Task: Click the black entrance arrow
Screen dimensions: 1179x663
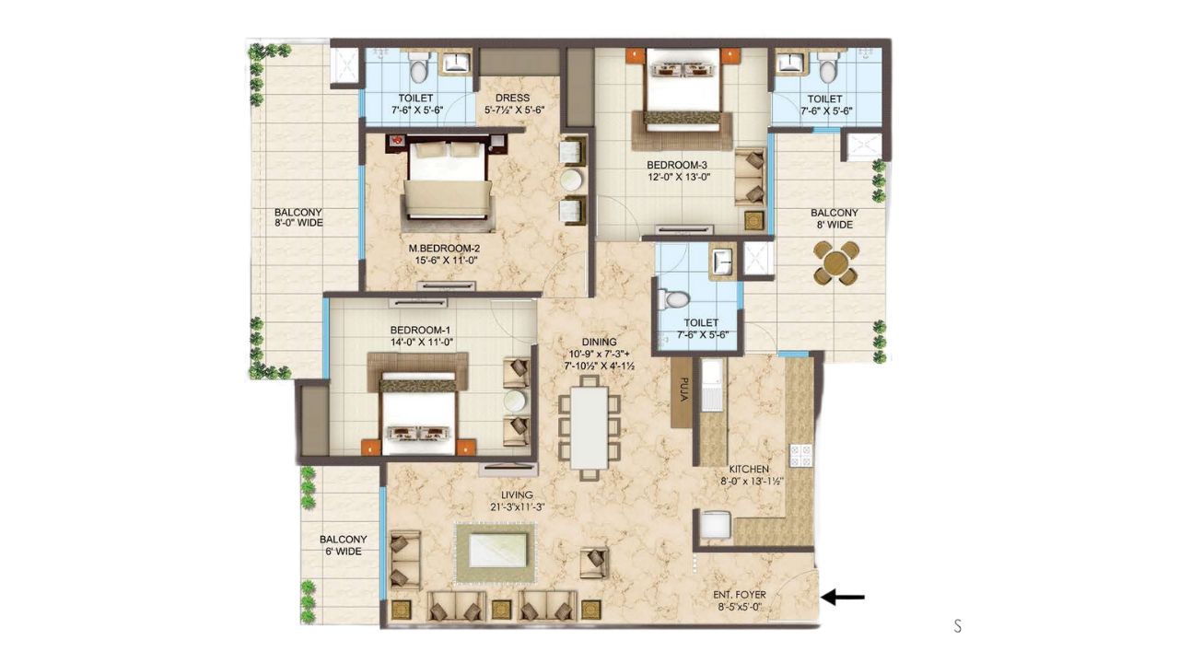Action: coord(843,598)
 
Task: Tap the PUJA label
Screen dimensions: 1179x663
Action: coord(683,390)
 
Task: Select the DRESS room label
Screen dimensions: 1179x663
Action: coord(512,98)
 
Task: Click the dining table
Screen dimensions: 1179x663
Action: coord(589,427)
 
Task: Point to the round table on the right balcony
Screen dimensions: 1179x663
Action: coord(835,263)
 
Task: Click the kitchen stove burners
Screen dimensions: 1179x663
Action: coord(800,456)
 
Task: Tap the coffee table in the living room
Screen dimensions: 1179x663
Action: coord(497,551)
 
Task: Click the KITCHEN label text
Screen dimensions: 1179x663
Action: coord(749,469)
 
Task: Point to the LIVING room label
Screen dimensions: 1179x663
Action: coord(517,495)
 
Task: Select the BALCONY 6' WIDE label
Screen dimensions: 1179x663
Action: coord(344,546)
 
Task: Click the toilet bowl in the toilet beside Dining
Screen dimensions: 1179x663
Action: coord(674,300)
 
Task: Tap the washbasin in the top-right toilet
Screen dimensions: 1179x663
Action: coord(790,63)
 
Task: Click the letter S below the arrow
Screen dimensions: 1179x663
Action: coord(957,626)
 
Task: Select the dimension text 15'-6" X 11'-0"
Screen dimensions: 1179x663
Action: coord(446,261)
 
